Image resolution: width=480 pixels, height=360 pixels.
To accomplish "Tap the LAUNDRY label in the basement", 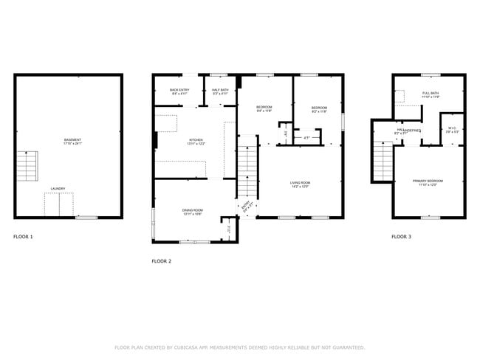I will point(58,189).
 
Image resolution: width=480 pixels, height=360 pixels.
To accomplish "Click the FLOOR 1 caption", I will point(23,237).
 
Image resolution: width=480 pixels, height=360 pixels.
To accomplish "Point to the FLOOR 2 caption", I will point(161,261).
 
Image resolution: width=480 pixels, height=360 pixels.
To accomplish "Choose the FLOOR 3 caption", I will point(401,237).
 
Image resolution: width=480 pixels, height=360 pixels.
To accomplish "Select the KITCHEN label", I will point(196,141).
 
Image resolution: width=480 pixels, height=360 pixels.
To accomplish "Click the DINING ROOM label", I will point(193,212).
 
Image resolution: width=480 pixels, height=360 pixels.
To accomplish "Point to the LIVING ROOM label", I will point(300,184).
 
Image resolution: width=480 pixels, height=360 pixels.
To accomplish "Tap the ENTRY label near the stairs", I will point(246,207).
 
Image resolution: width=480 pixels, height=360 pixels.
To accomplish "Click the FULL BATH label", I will point(431,95).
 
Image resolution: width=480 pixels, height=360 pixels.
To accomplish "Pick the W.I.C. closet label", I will point(452,130).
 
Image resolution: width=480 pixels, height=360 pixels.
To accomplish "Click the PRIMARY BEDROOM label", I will point(428,182).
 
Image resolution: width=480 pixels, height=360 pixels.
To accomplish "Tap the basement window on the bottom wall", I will point(86,218).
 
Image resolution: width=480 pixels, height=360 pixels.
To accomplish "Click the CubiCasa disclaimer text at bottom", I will point(239,347).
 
